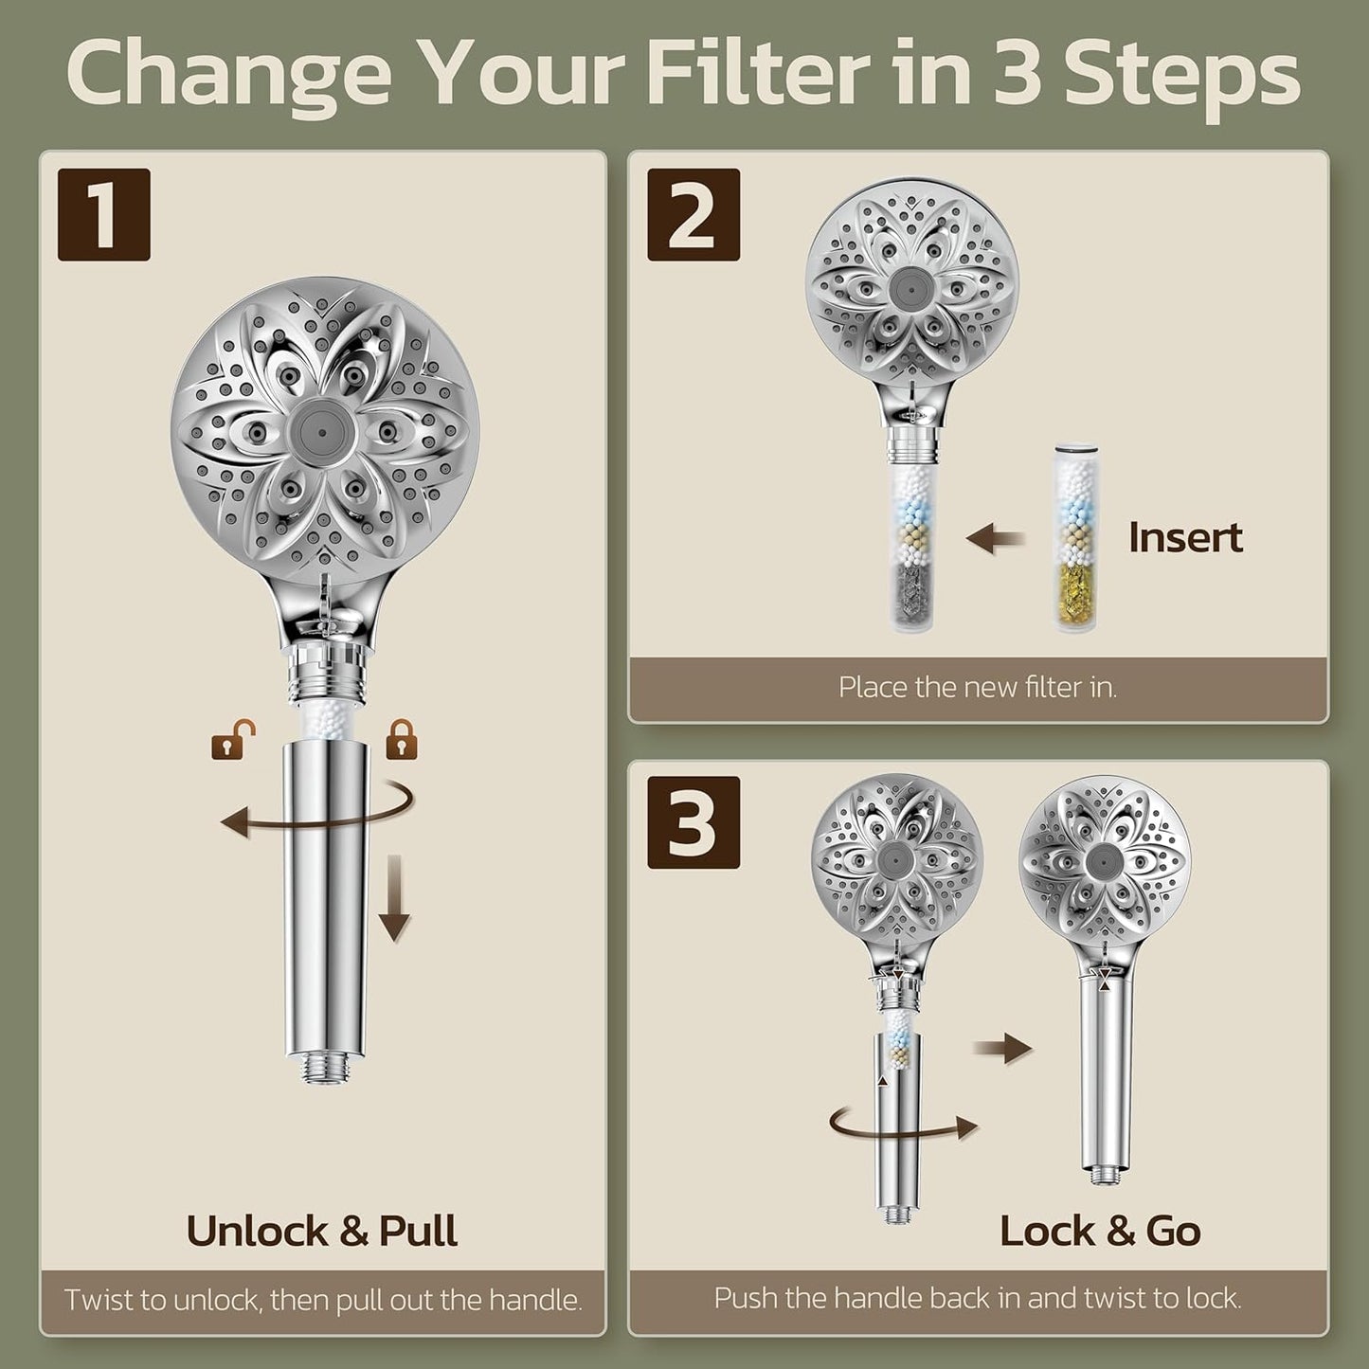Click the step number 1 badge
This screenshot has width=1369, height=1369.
coord(103,214)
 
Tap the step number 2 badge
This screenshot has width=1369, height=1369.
coord(694,214)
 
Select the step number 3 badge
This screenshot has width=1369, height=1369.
coord(694,822)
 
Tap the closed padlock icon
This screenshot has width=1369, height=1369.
coord(402,740)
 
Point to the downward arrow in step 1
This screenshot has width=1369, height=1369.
coord(394,899)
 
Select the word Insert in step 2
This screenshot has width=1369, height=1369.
coord(1185,538)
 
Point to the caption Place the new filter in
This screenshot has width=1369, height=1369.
coord(977,687)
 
